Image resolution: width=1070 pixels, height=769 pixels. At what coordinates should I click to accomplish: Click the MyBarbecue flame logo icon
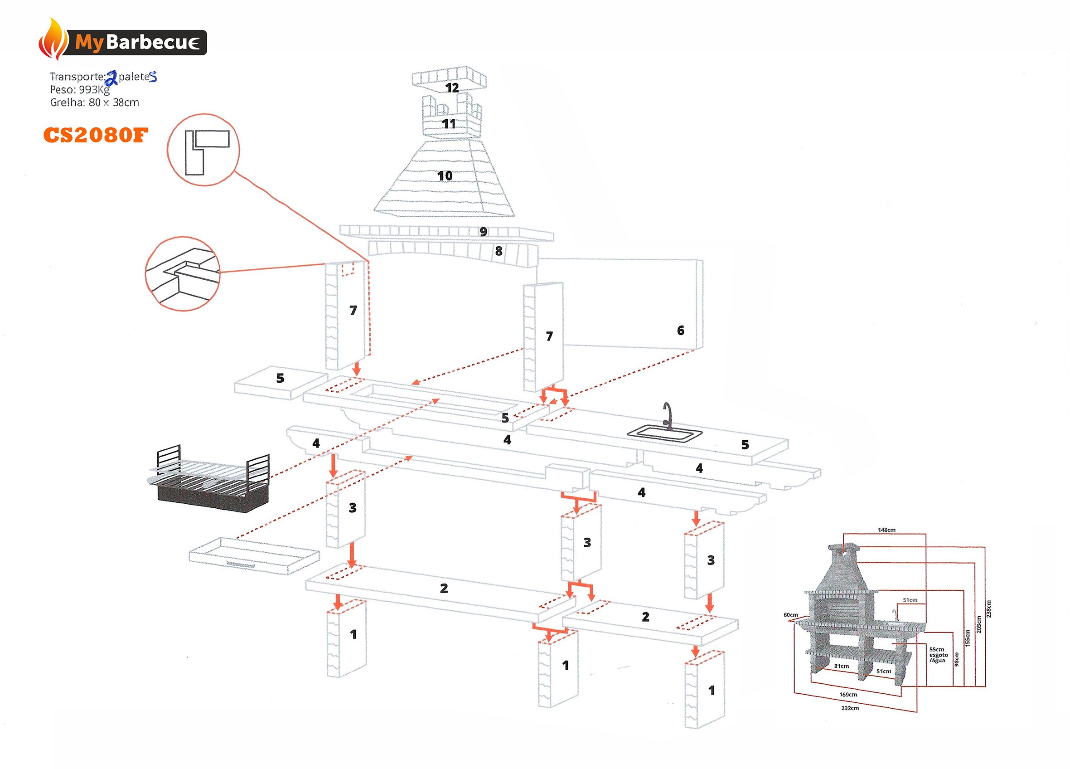53,39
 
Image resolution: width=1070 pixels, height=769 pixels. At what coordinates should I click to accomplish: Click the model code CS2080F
95,136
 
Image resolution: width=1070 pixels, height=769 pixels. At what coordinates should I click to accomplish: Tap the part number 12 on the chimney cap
451,88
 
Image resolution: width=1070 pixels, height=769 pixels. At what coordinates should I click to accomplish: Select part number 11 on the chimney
449,124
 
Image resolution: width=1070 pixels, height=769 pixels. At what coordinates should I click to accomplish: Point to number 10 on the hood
445,176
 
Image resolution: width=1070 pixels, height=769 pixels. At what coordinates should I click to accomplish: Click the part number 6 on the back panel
680,331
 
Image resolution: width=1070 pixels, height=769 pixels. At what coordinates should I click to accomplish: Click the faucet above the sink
667,415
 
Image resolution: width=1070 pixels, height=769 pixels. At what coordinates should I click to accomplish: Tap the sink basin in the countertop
664,433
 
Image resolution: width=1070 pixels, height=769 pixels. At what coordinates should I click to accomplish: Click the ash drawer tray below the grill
254,555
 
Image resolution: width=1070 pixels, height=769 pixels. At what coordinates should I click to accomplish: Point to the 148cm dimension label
886,530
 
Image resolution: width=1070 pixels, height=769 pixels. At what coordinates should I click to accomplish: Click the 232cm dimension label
850,708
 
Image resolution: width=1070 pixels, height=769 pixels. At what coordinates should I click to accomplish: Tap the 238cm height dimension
988,608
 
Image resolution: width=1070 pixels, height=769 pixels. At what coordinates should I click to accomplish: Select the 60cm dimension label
791,615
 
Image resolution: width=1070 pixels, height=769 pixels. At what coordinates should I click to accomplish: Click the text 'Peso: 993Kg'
80,90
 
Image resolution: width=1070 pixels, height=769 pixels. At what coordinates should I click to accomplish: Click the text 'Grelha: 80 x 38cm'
94,102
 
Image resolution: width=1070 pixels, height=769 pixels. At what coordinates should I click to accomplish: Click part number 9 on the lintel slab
483,232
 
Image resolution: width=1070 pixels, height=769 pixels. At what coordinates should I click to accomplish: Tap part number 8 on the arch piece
499,251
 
